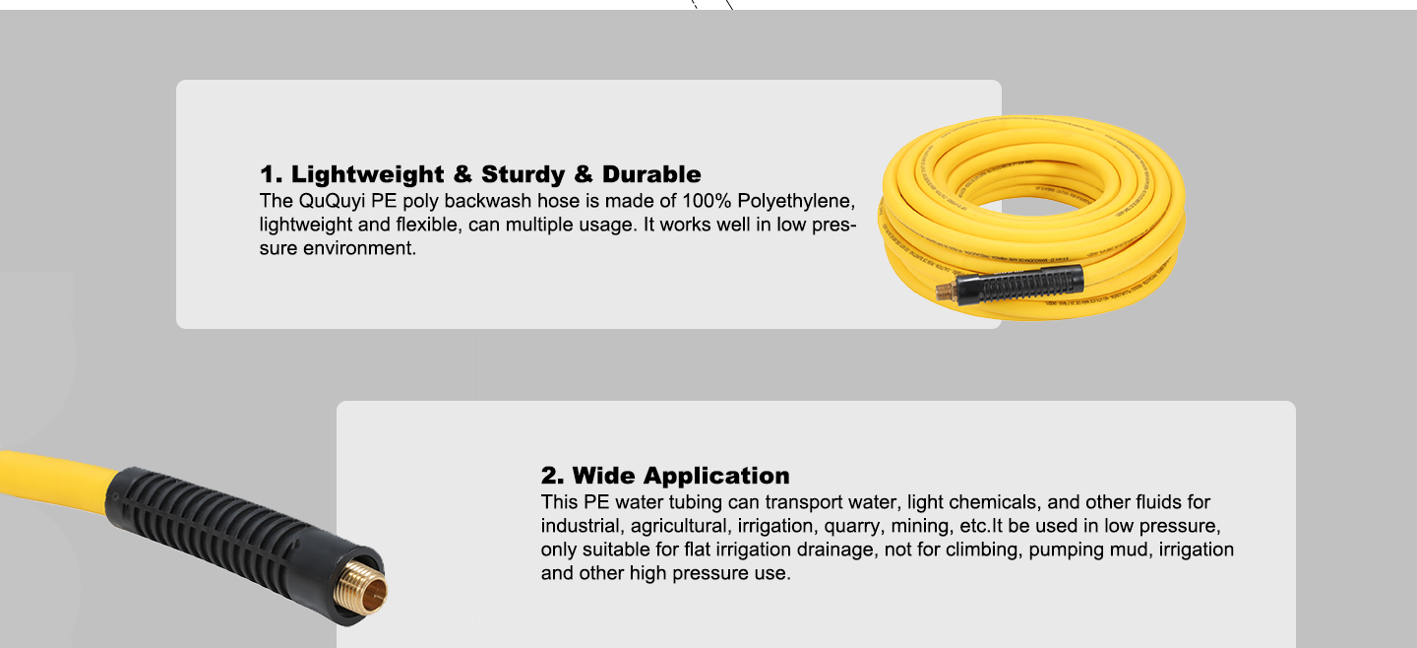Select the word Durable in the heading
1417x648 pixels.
[x=651, y=175]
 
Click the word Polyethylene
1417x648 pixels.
[x=797, y=201]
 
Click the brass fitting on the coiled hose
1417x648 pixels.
[x=946, y=292]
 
